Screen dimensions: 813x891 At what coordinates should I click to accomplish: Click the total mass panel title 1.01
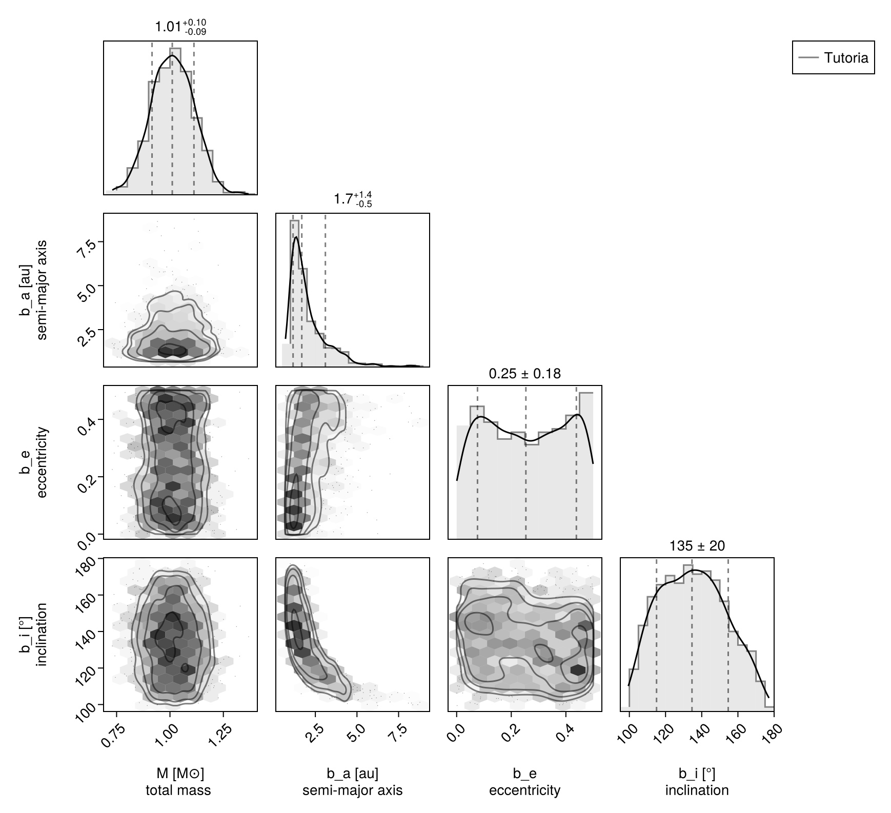[x=180, y=27]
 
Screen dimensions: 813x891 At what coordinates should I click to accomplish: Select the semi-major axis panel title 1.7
[x=353, y=199]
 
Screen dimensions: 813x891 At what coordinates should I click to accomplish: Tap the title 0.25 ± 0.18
[x=524, y=374]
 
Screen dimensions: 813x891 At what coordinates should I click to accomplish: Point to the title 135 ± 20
[x=697, y=546]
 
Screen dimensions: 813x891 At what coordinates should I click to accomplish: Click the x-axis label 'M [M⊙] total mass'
[x=178, y=782]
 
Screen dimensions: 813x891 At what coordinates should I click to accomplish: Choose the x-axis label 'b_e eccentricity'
[x=524, y=782]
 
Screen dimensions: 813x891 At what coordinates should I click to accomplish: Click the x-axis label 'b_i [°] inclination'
[x=697, y=782]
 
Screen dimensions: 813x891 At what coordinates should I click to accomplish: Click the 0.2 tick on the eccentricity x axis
[x=509, y=730]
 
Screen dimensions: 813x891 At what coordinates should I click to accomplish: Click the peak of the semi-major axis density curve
[x=296, y=237]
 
